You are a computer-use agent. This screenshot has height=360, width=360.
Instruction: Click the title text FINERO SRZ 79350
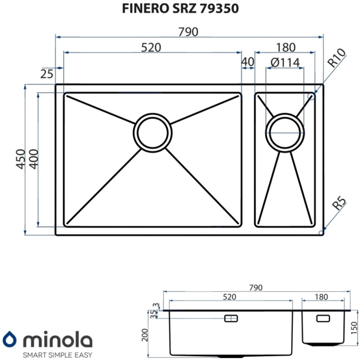(180, 9)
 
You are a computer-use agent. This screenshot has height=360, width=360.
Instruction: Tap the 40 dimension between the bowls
(248, 62)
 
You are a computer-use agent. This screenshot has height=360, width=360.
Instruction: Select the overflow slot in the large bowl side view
(231, 318)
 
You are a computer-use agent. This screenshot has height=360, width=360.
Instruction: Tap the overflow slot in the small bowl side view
(323, 318)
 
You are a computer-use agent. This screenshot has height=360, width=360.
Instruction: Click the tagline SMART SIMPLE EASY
(57, 353)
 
